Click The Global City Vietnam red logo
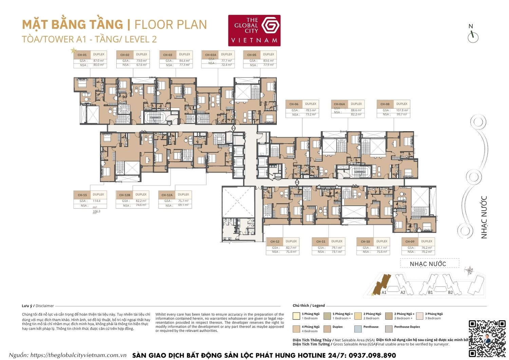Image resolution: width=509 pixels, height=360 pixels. pos(254,30)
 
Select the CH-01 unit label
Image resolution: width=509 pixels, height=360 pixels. pos(82,55)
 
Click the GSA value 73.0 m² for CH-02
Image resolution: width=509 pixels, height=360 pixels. pos(142,61)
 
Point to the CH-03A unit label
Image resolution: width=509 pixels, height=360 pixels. pos(210,55)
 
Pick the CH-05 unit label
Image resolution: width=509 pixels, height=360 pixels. pos(252,55)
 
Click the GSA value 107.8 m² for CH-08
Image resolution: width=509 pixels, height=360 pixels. pos(402,110)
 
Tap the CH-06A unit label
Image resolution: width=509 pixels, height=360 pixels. pos(339,104)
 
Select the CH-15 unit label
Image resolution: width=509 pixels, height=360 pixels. pos(82,195)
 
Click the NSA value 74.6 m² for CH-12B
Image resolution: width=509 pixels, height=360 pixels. pos(141,205)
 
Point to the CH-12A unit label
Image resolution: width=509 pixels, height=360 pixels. pos(167,195)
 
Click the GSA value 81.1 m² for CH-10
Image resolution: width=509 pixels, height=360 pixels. pos(382,248)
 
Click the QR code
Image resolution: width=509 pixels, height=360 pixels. pos(487,338)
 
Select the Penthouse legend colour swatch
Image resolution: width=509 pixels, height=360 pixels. pos(358,329)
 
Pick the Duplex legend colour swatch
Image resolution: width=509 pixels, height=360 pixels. pos(327,329)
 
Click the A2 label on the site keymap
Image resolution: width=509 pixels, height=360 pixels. pos(403,292)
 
